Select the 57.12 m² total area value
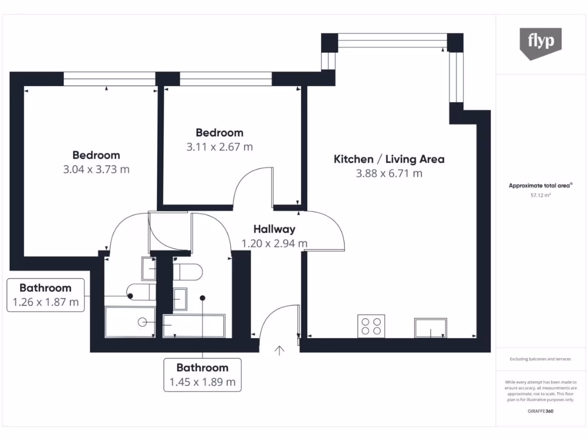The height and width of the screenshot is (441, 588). (540, 195)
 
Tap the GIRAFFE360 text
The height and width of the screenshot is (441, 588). (540, 411)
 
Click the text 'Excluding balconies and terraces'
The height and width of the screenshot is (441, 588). (540, 359)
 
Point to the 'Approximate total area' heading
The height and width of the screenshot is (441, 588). (539, 185)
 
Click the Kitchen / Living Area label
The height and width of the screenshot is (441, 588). (389, 159)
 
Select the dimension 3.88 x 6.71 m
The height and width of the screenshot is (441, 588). (389, 173)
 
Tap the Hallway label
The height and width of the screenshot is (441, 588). (274, 229)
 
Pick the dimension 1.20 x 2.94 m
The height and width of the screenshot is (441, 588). (274, 243)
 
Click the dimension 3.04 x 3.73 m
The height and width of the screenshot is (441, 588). (96, 169)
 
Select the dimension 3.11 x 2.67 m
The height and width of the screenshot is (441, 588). (219, 147)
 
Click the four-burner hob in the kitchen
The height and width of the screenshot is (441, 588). (371, 326)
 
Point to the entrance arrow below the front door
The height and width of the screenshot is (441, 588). (280, 350)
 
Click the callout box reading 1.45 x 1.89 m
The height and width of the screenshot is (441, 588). (202, 375)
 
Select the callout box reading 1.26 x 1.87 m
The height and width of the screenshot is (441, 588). (46, 295)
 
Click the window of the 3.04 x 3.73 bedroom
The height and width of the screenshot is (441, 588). (109, 79)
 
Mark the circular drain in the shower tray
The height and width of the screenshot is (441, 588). (142, 322)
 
